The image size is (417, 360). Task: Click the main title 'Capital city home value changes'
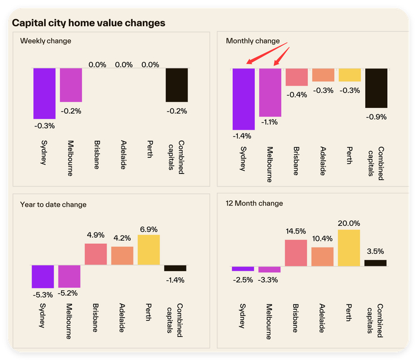click(x=89, y=23)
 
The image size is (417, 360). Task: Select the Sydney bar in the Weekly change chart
click(x=45, y=94)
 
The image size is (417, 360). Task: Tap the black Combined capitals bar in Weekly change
click(x=176, y=85)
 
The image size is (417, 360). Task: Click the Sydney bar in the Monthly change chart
click(x=244, y=99)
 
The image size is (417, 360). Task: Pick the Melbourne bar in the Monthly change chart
click(x=270, y=92)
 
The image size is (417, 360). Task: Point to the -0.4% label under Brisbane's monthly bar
click(x=297, y=95)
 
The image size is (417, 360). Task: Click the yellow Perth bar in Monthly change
click(x=350, y=75)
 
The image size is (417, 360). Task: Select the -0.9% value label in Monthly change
click(x=376, y=117)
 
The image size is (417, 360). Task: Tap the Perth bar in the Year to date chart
click(x=149, y=250)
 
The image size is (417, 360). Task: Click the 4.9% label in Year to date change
click(x=96, y=235)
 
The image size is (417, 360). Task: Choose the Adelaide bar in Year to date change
click(x=122, y=256)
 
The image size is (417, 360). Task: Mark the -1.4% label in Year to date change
click(x=175, y=280)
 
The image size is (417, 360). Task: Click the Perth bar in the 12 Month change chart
click(x=349, y=248)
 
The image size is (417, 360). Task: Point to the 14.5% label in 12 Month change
click(x=296, y=231)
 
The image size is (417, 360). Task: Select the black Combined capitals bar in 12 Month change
click(x=375, y=263)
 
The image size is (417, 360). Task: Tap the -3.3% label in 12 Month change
click(x=268, y=280)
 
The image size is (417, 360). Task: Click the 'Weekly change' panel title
click(x=46, y=41)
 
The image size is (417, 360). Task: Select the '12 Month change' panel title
click(x=254, y=203)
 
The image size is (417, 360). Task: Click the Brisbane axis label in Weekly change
click(x=97, y=155)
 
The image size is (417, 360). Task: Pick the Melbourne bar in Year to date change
click(x=70, y=276)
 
